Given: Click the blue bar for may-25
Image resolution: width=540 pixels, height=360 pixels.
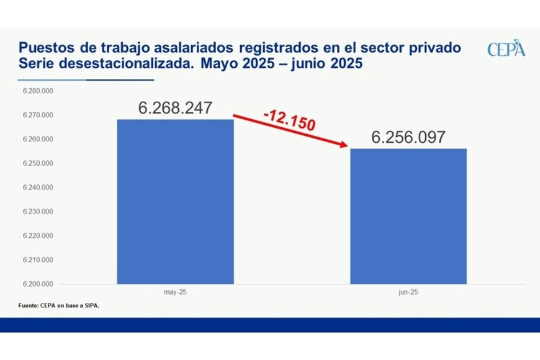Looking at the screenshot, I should [x=176, y=202].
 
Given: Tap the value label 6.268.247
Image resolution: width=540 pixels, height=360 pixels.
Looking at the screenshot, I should [x=175, y=108].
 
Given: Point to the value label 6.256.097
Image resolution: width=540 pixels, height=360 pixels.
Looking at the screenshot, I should [x=408, y=137].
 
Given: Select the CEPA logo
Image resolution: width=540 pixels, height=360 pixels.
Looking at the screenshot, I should [x=506, y=49].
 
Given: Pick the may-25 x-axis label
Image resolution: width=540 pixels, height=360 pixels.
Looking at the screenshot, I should [x=176, y=291].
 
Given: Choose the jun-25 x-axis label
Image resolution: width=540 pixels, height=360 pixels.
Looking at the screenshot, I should [x=408, y=291].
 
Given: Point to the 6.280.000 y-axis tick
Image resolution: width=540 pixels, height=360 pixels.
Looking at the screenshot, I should [x=38, y=91].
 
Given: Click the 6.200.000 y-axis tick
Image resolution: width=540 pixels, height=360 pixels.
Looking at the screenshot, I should [x=38, y=284].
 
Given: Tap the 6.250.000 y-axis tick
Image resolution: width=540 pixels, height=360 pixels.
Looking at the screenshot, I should [x=38, y=163].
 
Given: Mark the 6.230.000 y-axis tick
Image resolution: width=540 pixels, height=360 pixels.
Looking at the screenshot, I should [x=38, y=212].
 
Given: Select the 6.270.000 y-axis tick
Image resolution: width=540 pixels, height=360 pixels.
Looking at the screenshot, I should [x=38, y=115].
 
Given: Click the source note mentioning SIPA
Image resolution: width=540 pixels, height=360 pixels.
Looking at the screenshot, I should [x=58, y=306].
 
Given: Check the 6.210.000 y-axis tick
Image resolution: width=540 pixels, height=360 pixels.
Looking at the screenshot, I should [x=38, y=260].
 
